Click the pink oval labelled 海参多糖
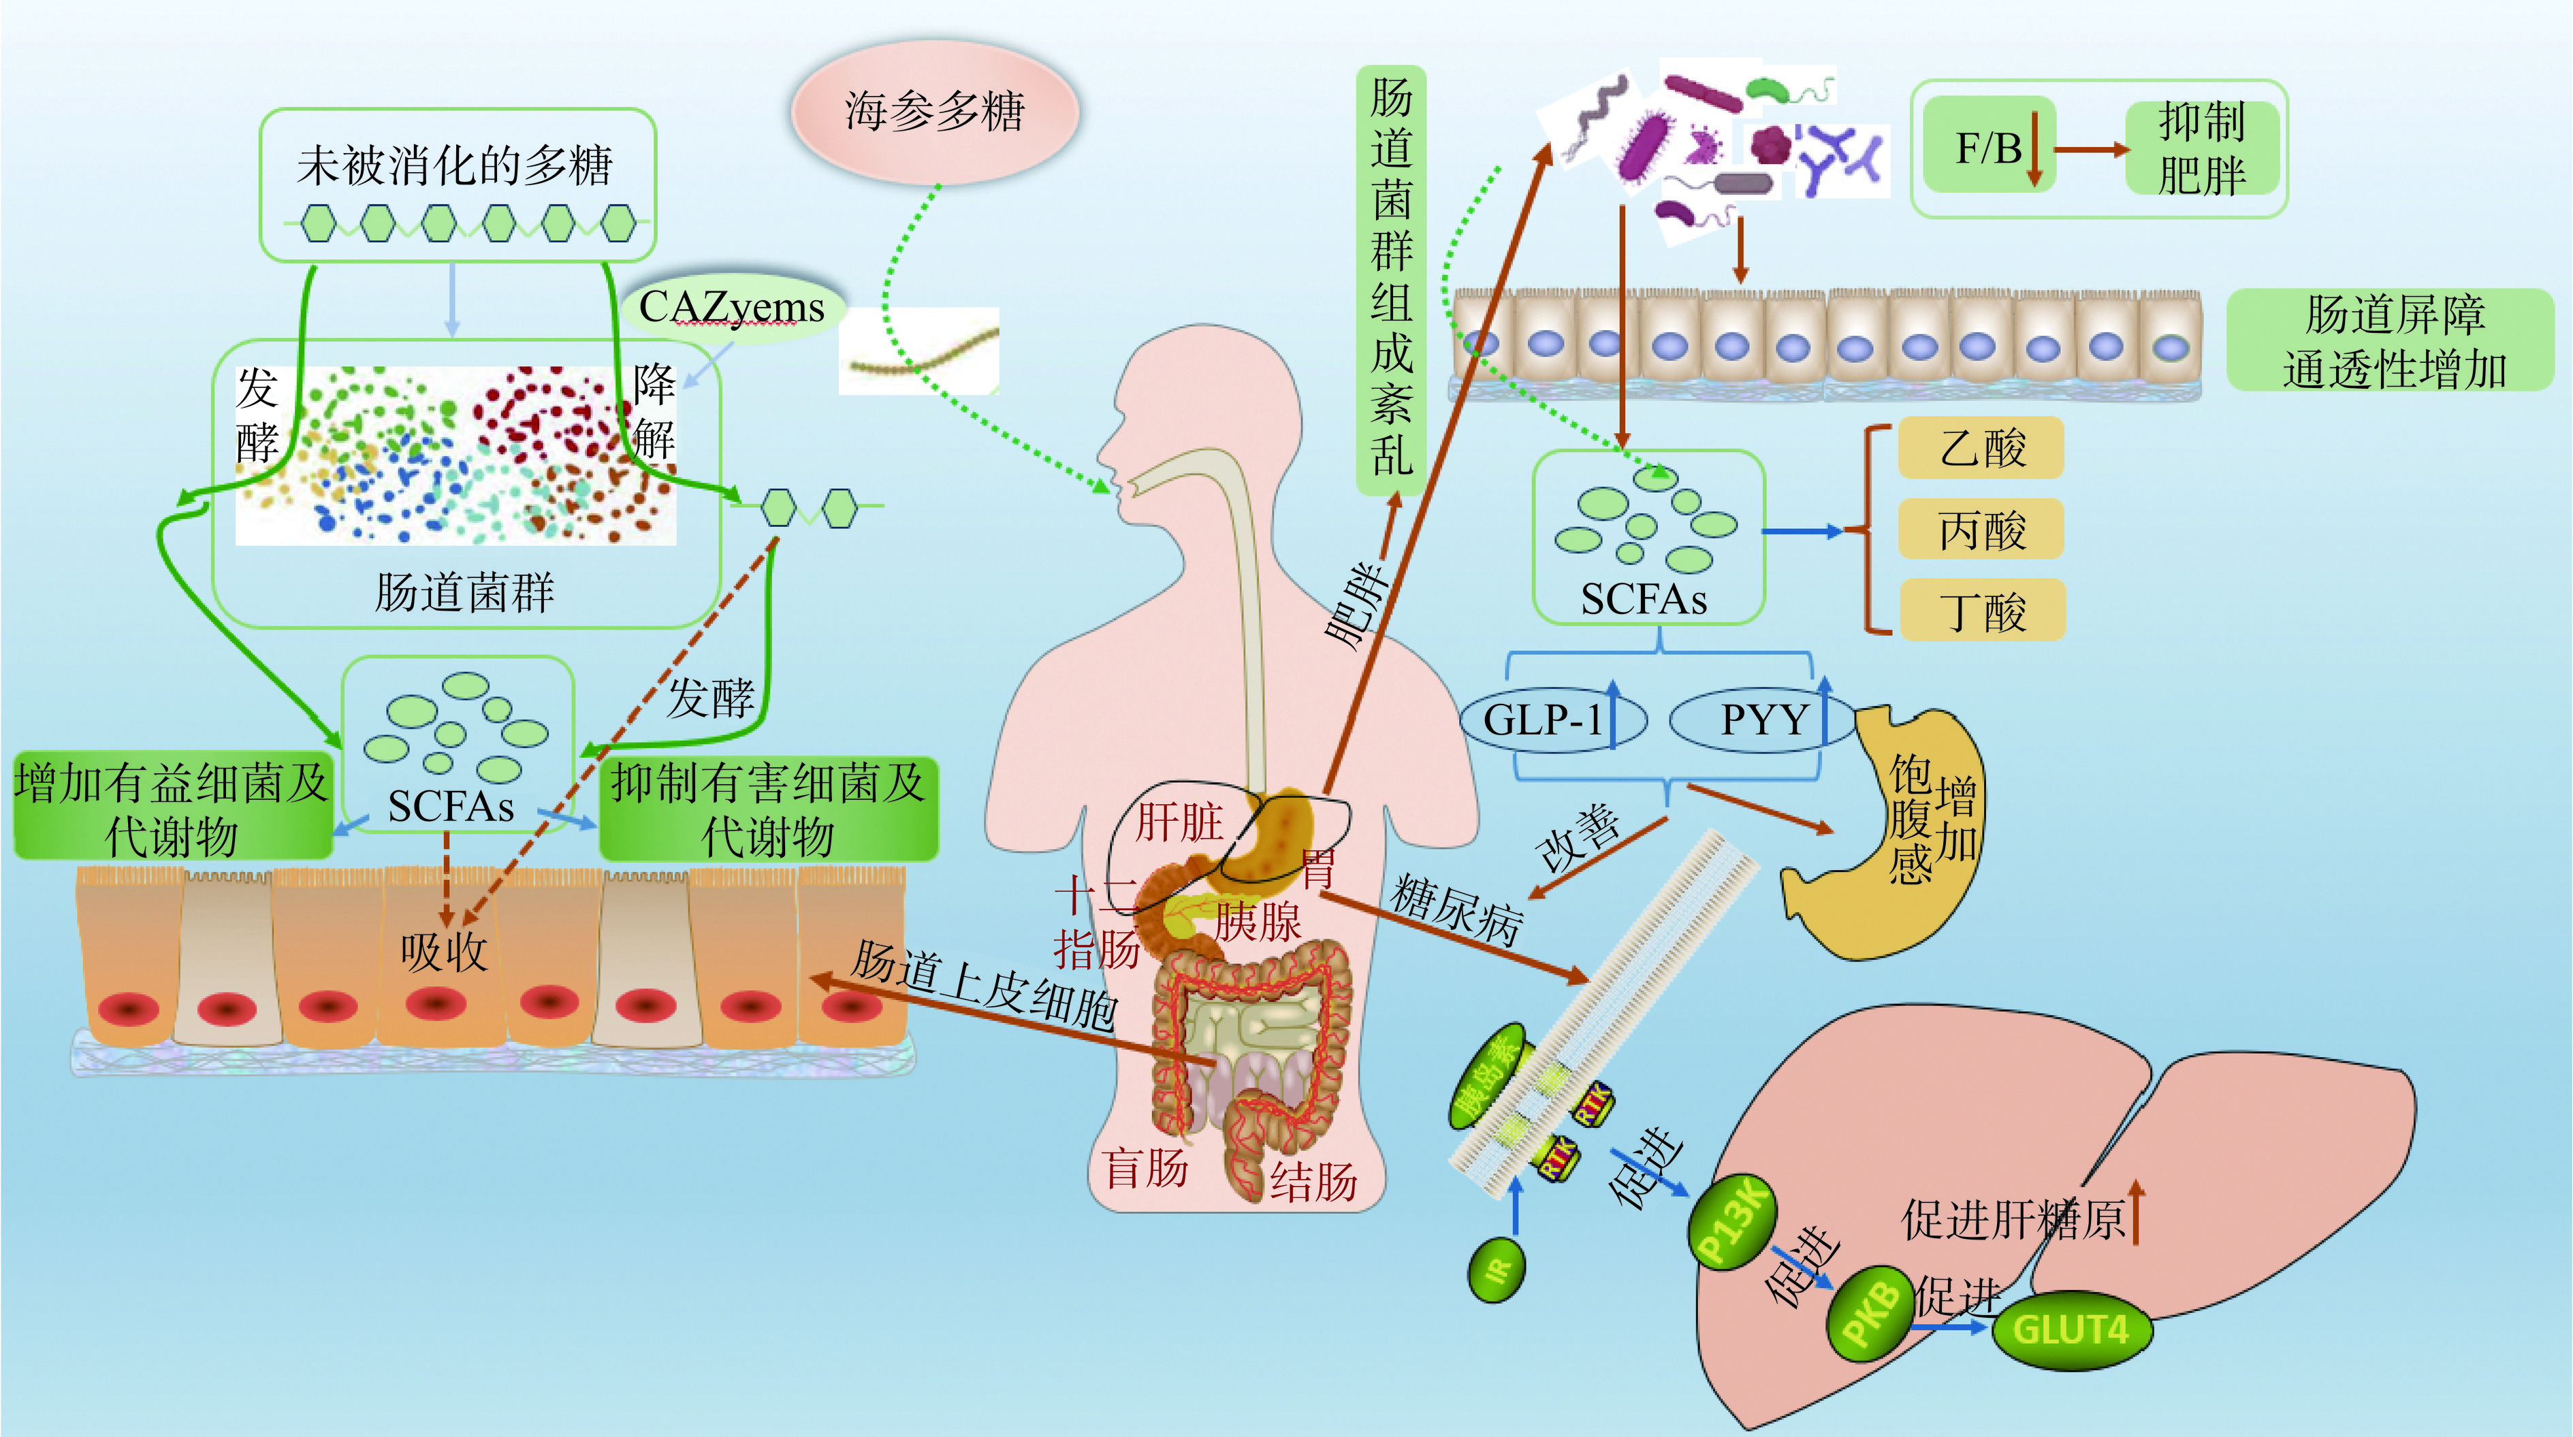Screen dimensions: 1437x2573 [934, 112]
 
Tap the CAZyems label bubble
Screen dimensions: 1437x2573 [732, 308]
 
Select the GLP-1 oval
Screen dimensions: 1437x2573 [1550, 719]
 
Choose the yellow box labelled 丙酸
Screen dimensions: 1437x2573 [1981, 530]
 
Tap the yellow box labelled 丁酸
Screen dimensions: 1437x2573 [1981, 610]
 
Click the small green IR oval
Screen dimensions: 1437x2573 [1497, 1270]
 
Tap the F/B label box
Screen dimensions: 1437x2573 [1987, 148]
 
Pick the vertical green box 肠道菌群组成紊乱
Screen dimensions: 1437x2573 [1390, 280]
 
